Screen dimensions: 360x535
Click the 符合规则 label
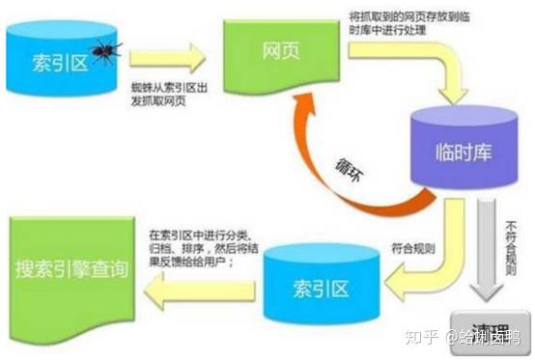point(410,250)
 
